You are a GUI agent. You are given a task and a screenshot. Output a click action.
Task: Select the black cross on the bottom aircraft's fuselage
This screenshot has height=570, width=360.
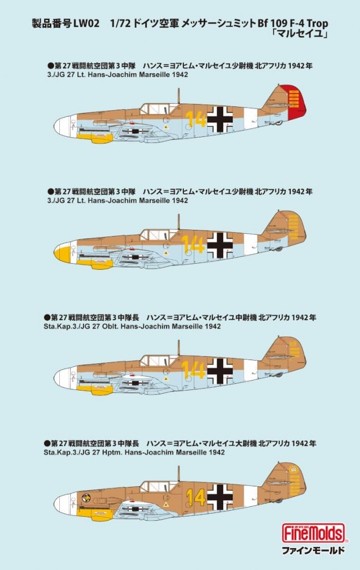pos(220,496)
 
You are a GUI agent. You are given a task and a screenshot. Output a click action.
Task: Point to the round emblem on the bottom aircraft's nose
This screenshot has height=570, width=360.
pos(86,497)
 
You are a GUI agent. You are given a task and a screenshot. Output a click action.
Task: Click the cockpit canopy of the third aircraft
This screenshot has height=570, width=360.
pos(159,361)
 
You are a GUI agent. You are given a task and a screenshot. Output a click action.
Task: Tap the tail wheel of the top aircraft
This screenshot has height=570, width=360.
pos(278,123)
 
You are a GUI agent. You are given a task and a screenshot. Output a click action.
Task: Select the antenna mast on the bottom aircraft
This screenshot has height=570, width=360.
pos(178,474)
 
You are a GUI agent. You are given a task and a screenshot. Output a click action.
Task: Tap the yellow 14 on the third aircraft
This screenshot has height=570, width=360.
pos(193,371)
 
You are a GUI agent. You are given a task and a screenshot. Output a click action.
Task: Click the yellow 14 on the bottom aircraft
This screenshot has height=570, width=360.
pos(196,497)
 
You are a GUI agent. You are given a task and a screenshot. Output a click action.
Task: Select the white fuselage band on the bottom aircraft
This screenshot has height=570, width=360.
pos(250,496)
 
